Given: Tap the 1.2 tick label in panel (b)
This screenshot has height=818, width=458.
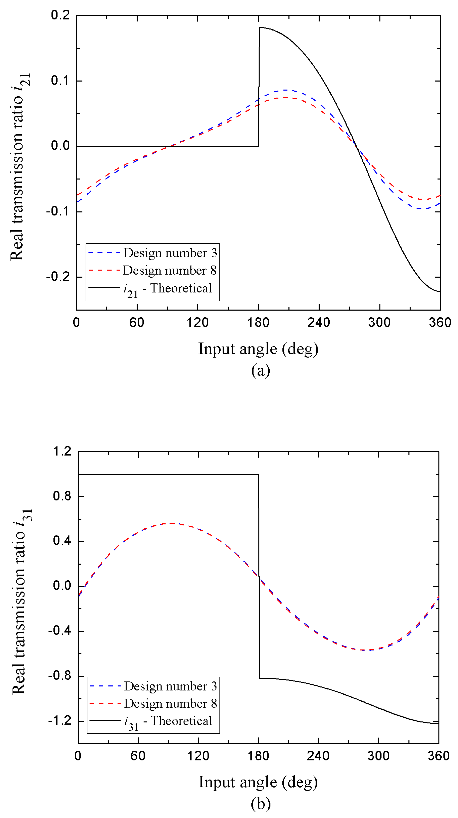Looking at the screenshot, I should pyautogui.click(x=62, y=451).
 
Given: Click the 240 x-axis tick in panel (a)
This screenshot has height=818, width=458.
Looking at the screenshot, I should pyautogui.click(x=318, y=323).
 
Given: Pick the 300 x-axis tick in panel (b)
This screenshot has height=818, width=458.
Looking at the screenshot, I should pyautogui.click(x=378, y=756).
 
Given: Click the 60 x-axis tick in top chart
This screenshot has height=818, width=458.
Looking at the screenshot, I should pyautogui.click(x=137, y=323).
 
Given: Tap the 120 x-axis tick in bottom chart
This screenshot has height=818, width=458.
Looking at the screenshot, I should pyautogui.click(x=198, y=756).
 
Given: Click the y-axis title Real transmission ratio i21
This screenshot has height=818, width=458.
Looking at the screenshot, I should pyautogui.click(x=20, y=167).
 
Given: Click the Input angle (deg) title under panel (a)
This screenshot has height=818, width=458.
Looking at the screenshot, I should pyautogui.click(x=258, y=349).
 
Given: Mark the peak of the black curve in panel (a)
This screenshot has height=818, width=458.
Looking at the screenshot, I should pyautogui.click(x=260, y=28).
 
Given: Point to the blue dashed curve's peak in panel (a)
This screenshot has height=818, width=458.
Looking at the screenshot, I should pyautogui.click(x=285, y=90).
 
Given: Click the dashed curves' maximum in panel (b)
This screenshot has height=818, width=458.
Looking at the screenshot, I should pyautogui.click(x=172, y=523).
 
